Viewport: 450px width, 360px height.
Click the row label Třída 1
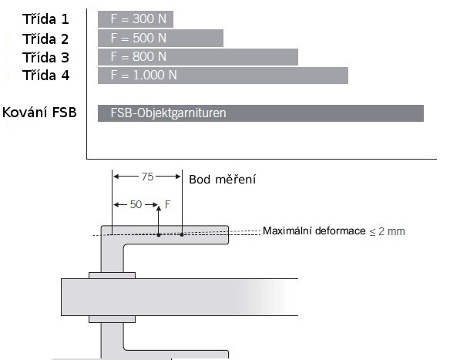[45, 19]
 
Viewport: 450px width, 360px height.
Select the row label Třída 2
[45, 39]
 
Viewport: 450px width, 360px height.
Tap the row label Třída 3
[45, 57]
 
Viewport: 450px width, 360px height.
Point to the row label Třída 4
[45, 76]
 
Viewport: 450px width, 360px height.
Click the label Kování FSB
[39, 113]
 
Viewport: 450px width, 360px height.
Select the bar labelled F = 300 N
[136, 19]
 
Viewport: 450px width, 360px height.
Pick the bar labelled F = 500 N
[160, 39]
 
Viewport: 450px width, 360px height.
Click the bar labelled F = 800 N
[198, 57]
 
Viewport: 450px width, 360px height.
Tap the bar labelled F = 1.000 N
[223, 76]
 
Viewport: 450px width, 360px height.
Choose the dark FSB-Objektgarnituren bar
[260, 113]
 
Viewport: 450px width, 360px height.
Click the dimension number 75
[147, 177]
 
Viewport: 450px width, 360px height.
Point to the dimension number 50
[136, 205]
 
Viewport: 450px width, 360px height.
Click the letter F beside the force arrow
[168, 204]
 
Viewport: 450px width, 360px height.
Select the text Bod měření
[223, 180]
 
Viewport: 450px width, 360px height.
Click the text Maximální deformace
[314, 230]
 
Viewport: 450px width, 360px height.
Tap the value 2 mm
[391, 231]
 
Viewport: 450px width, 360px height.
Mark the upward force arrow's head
[159, 209]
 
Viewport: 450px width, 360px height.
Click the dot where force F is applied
[159, 235]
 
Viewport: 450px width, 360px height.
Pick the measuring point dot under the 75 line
[182, 234]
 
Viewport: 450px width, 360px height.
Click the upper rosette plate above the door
[112, 275]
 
